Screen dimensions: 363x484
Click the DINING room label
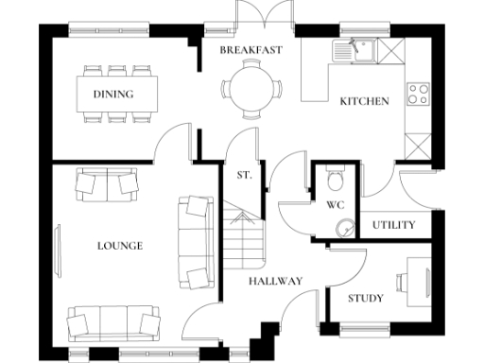(112, 94)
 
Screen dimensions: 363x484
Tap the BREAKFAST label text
(251, 49)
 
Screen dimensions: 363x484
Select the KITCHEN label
(364, 101)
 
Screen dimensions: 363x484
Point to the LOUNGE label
(120, 246)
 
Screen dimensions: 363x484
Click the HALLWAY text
(275, 281)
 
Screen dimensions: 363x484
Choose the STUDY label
(365, 299)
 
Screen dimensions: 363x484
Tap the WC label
(335, 205)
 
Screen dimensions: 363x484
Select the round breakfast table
(251, 88)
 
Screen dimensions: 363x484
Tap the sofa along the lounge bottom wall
(112, 323)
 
